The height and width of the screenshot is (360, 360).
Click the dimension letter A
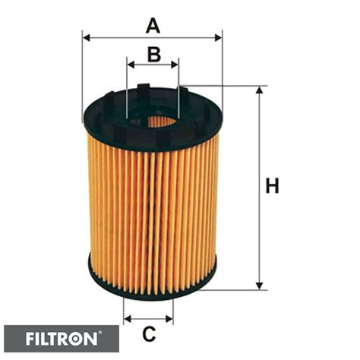pyautogui.click(x=153, y=26)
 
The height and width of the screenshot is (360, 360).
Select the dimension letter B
pyautogui.click(x=153, y=54)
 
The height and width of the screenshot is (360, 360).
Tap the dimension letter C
pyautogui.click(x=149, y=333)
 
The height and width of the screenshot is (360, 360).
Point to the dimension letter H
pyautogui.click(x=272, y=185)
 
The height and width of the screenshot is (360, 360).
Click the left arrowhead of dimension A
pyautogui.click(x=86, y=36)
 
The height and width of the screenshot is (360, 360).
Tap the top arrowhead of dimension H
pyautogui.click(x=261, y=90)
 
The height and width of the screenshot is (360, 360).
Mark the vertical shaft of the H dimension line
pyautogui.click(x=261, y=228)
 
